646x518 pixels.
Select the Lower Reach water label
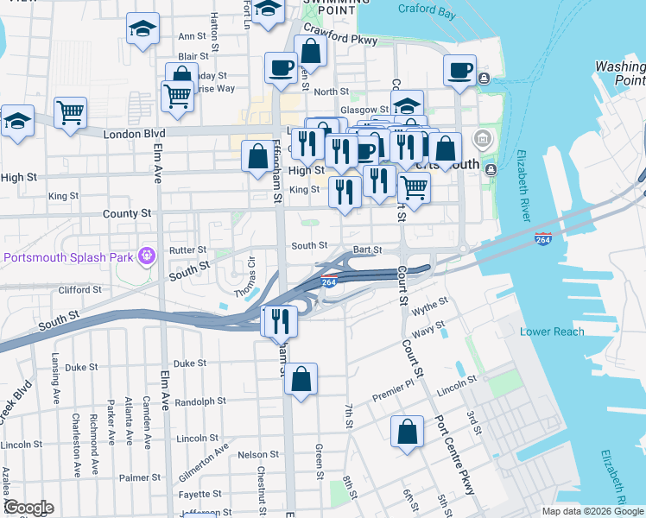[x=552, y=332]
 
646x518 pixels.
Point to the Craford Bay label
[x=426, y=9]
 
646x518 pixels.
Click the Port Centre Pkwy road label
[x=455, y=456]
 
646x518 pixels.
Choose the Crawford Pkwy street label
[x=353, y=39]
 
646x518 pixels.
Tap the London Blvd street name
[x=134, y=135]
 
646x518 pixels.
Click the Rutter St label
[x=187, y=250]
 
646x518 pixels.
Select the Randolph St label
[x=199, y=401]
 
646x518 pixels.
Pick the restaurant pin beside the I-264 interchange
[x=280, y=321]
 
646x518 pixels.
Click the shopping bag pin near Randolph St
[x=301, y=379]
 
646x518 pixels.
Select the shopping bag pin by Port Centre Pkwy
[x=407, y=433]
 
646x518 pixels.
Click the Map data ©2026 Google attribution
[x=592, y=511]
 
